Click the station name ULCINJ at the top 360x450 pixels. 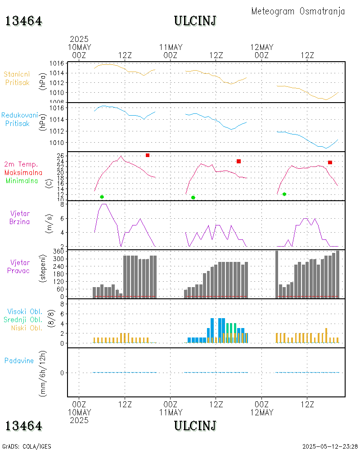click(x=195, y=21)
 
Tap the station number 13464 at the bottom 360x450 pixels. click(x=24, y=426)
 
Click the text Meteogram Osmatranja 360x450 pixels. click(x=298, y=11)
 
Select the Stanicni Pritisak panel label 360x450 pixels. click(x=17, y=78)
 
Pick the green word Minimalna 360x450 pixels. click(x=22, y=181)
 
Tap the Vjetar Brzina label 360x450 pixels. click(x=20, y=217)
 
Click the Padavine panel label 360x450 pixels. click(x=19, y=360)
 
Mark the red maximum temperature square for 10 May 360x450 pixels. click(x=148, y=155)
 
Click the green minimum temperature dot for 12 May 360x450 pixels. click(x=284, y=194)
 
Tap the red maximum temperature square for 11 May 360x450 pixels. click(x=239, y=161)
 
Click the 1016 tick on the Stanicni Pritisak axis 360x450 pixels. click(x=56, y=63)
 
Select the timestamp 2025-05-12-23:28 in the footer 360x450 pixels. click(x=330, y=446)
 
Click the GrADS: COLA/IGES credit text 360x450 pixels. click(x=27, y=446)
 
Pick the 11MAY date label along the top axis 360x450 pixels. click(x=171, y=47)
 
